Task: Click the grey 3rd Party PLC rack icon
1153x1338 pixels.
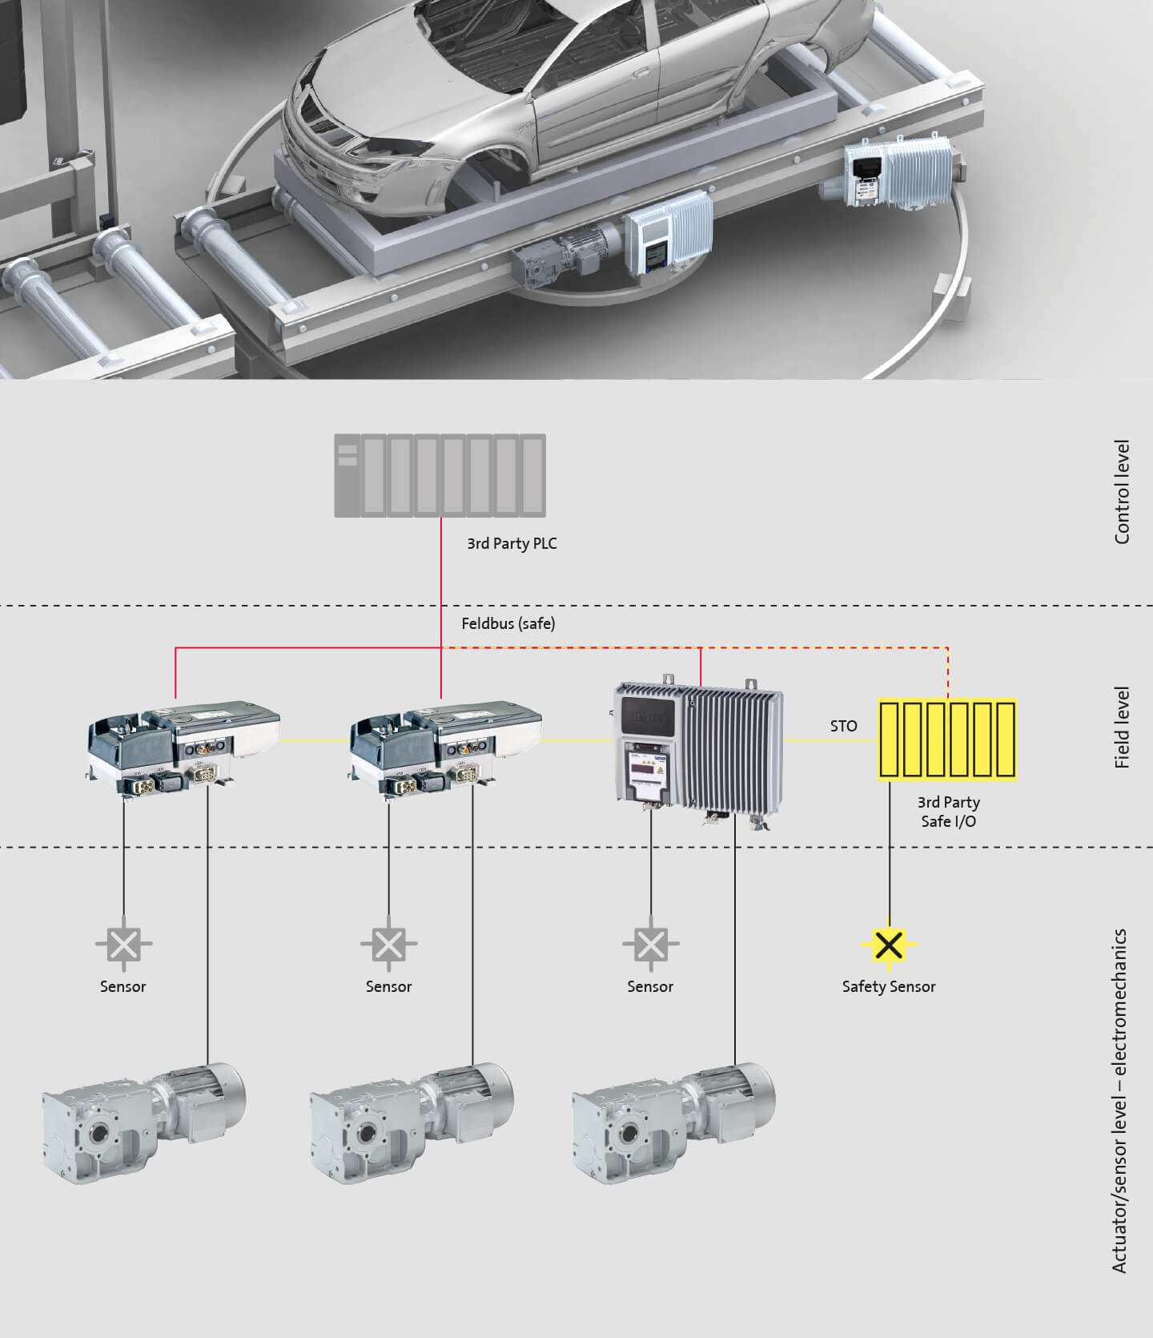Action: (440, 475)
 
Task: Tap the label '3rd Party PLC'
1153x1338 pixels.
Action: (512, 543)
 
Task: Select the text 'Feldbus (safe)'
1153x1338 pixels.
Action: (508, 623)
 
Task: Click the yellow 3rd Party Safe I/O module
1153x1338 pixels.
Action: (947, 739)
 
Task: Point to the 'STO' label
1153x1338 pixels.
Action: (843, 726)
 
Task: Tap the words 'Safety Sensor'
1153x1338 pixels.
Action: (888, 986)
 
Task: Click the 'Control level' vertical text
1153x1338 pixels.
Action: (1122, 492)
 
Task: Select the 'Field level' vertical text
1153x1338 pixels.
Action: (1122, 727)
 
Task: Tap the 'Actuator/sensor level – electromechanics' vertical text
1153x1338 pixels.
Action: (1119, 1101)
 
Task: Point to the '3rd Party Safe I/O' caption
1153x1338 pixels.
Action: (948, 812)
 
